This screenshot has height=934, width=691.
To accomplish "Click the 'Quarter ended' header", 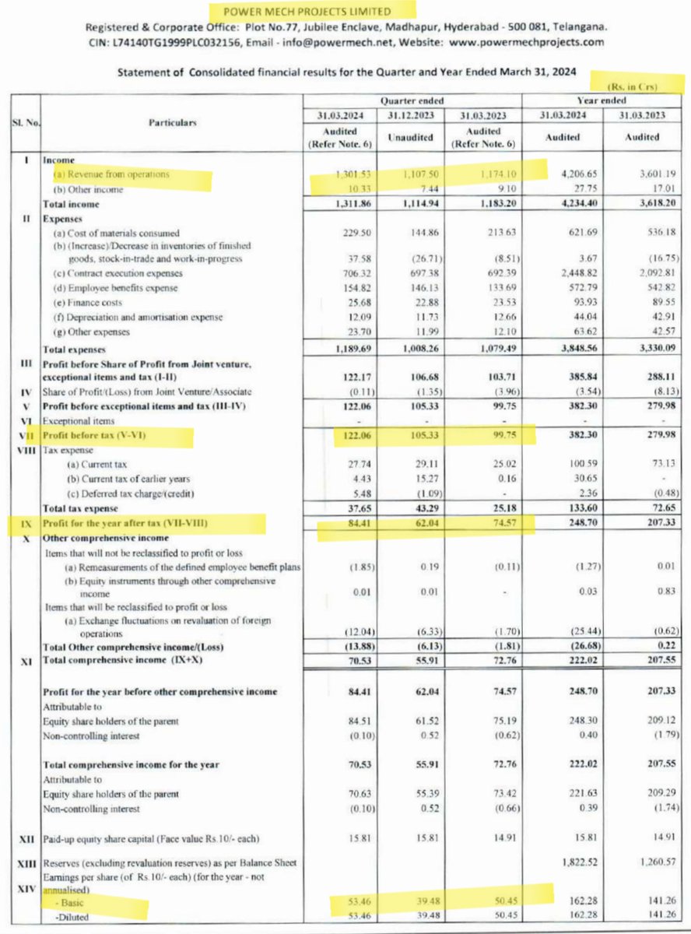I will pyautogui.click(x=412, y=101).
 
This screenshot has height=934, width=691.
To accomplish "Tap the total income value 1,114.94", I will pyautogui.click(x=412, y=204).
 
